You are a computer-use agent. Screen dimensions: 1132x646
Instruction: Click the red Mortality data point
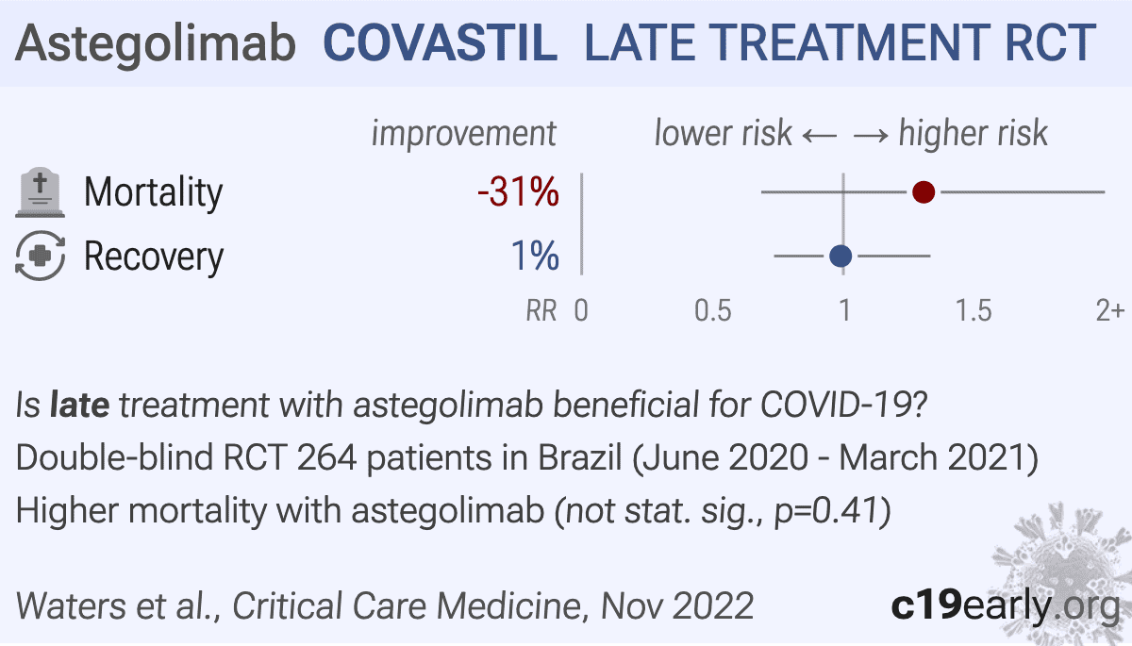[924, 192]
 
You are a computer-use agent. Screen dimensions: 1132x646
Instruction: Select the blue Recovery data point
[841, 257]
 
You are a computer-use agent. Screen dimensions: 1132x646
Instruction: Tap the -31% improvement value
[519, 192]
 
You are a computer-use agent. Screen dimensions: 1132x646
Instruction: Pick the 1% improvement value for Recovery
[535, 256]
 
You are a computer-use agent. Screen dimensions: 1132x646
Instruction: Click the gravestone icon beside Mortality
[40, 192]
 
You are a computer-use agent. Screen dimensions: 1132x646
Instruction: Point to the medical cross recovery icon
[40, 256]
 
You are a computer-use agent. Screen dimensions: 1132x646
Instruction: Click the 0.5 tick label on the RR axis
[712, 310]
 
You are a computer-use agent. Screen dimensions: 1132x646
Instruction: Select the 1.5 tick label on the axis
[974, 310]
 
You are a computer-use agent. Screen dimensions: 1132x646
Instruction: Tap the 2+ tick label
[1109, 310]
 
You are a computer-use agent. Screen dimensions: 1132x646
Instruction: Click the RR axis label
[541, 310]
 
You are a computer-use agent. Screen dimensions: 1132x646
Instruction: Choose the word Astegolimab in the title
[156, 44]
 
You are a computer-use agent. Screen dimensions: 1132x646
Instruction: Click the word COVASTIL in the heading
[441, 43]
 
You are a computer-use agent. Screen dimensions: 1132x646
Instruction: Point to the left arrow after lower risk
[820, 136]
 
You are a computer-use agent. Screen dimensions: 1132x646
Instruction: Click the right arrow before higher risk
[871, 136]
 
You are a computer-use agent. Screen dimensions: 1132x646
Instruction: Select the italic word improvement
[464, 133]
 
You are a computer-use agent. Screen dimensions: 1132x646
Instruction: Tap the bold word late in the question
[80, 405]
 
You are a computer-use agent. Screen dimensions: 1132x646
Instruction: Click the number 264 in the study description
[327, 457]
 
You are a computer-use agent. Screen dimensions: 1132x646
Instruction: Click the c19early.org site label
[1006, 605]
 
